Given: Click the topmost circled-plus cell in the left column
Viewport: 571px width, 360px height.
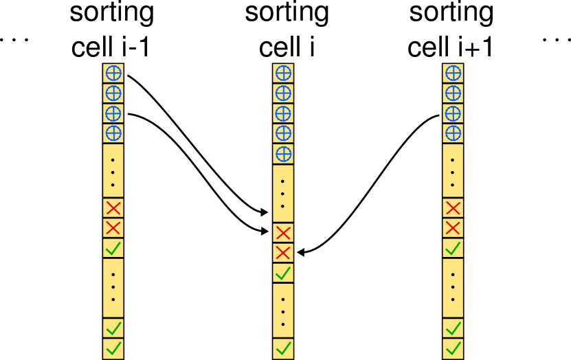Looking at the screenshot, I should pos(113,74).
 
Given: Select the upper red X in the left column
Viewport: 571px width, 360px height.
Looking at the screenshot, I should pos(113,208).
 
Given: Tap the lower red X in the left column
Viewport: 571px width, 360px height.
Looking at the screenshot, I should pos(113,228).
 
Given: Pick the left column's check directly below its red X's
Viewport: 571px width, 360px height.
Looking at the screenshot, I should pos(113,248).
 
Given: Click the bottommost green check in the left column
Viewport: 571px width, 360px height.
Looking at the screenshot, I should pos(113,348).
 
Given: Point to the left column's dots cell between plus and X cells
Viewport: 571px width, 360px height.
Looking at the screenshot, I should pos(113,171).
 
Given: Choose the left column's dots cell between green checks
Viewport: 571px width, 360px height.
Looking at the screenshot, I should pos(113,288).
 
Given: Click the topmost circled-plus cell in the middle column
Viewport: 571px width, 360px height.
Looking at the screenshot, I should pos(283,74).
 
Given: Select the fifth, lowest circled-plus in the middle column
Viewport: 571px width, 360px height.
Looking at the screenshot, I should pos(283,154).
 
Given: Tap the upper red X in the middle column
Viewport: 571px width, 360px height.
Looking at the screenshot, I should pos(283,233).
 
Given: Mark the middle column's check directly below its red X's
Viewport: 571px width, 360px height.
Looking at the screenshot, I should pos(283,273).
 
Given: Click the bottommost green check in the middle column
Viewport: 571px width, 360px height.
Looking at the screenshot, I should pos(283,348).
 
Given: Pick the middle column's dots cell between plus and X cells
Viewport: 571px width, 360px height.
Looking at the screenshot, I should pos(283,194).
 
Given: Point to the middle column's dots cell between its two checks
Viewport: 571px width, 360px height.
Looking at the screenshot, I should pos(283,311).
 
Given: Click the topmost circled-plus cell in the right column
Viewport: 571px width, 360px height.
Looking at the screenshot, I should pos(453,74).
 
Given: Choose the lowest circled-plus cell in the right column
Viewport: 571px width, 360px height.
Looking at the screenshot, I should pos(453,133).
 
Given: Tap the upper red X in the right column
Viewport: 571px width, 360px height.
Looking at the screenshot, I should pos(453,208).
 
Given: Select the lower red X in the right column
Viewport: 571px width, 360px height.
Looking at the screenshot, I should pos(453,228).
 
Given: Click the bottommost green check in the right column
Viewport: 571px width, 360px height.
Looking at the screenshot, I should pos(453,348).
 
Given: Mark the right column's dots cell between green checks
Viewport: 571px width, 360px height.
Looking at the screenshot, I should pos(453,288).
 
